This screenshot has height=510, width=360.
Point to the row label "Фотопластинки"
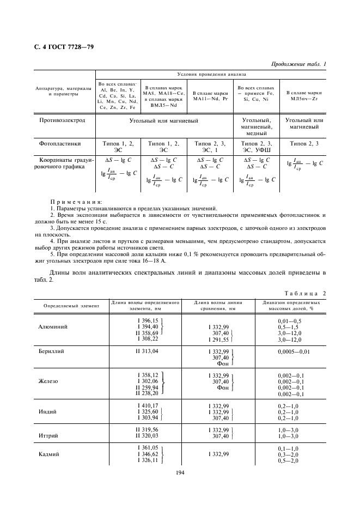(x=60, y=144)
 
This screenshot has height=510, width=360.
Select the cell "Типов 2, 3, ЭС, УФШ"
(x=256, y=147)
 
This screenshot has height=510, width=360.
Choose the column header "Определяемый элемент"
(x=68, y=306)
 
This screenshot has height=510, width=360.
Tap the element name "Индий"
(x=47, y=412)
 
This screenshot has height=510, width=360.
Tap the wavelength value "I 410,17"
(x=148, y=405)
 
